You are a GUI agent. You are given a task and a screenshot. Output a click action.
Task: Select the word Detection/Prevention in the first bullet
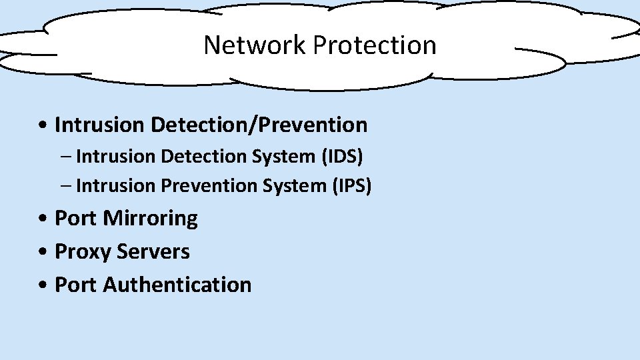click(x=259, y=125)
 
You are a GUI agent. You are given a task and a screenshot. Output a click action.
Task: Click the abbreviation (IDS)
click(x=342, y=156)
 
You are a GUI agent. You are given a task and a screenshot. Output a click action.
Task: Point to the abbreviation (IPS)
click(x=351, y=185)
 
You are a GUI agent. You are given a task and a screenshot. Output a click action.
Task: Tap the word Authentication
click(x=177, y=285)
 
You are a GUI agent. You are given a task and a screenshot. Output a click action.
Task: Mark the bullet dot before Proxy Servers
click(x=43, y=253)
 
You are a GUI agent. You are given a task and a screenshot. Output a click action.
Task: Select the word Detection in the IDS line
click(x=203, y=156)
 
